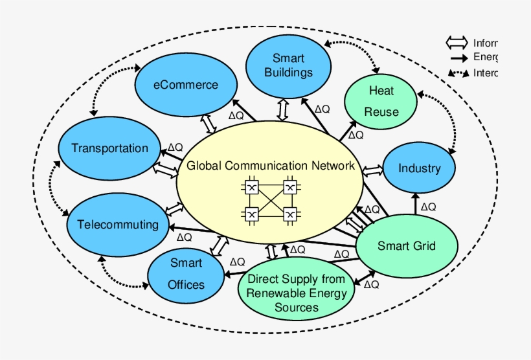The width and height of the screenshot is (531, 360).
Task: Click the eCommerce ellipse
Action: click(x=186, y=85)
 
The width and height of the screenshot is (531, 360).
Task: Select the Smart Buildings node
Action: click(x=288, y=65)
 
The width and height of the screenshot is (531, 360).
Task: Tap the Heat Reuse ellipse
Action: click(x=381, y=100)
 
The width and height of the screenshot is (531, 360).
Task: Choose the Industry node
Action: click(x=419, y=168)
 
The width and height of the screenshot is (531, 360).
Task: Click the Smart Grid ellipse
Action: click(x=407, y=246)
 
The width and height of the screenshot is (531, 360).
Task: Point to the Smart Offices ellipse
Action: click(x=186, y=273)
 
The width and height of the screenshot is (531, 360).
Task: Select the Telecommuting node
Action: click(x=117, y=225)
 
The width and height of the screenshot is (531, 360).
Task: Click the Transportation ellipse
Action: click(x=109, y=148)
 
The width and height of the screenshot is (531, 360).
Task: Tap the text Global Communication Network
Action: click(x=271, y=166)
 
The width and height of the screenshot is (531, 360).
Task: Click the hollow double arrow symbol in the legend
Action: click(x=457, y=43)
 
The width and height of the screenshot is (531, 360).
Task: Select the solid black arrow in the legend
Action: click(x=457, y=58)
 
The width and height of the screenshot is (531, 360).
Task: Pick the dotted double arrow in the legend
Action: click(x=457, y=73)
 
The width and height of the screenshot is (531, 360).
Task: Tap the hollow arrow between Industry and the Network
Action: click(x=373, y=170)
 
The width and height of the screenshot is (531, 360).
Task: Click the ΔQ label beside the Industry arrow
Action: click(x=428, y=207)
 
